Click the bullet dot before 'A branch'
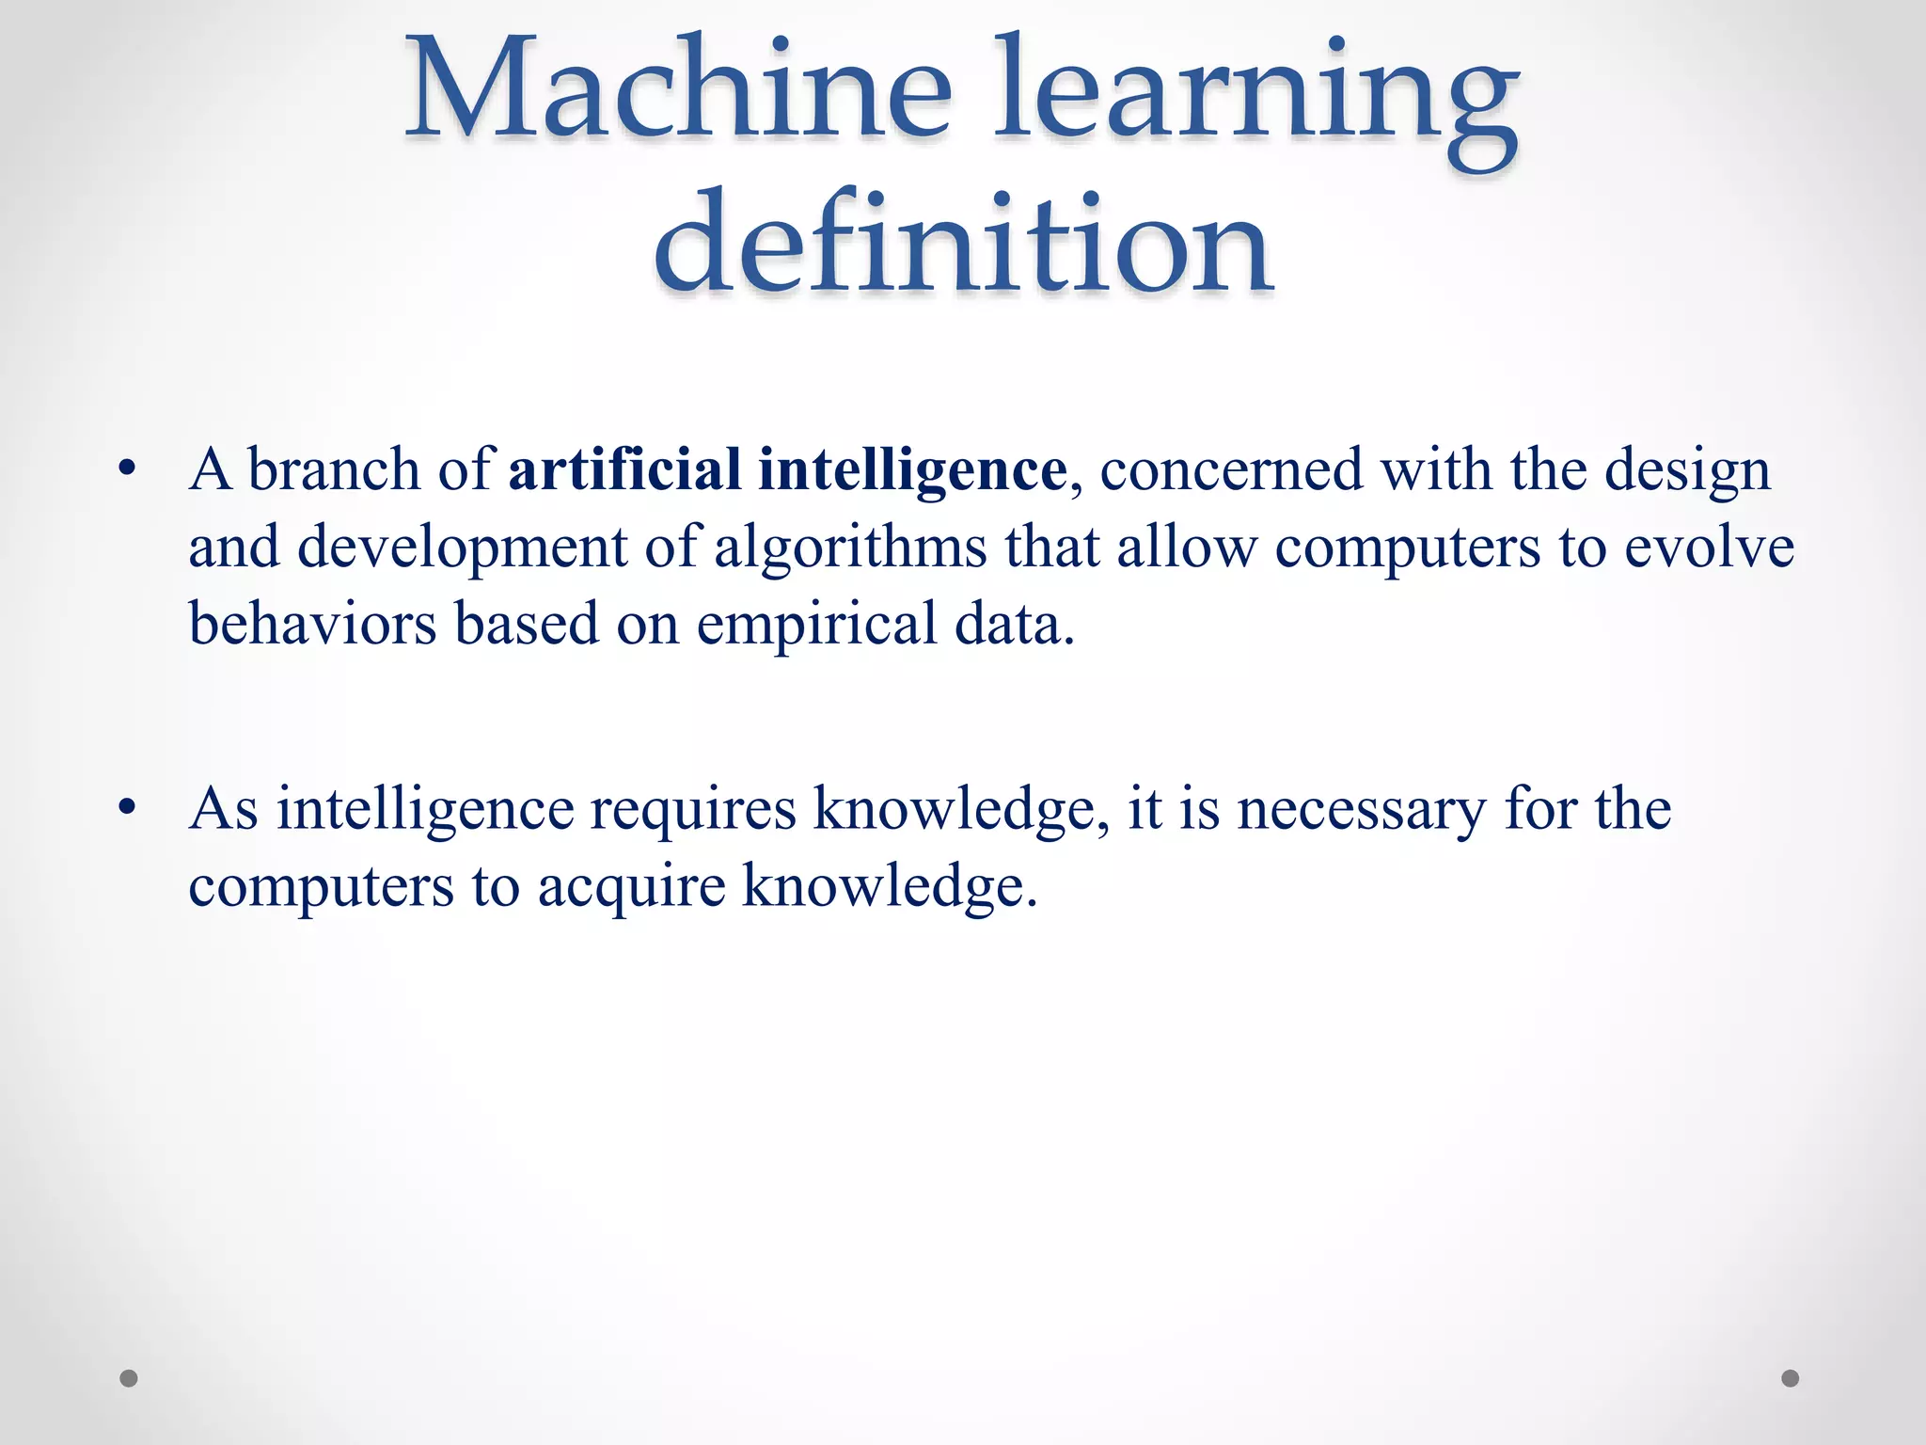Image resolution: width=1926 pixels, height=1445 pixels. click(129, 468)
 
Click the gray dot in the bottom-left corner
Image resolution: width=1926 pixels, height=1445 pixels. click(129, 1378)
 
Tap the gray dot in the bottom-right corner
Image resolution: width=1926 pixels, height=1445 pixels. click(1791, 1378)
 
